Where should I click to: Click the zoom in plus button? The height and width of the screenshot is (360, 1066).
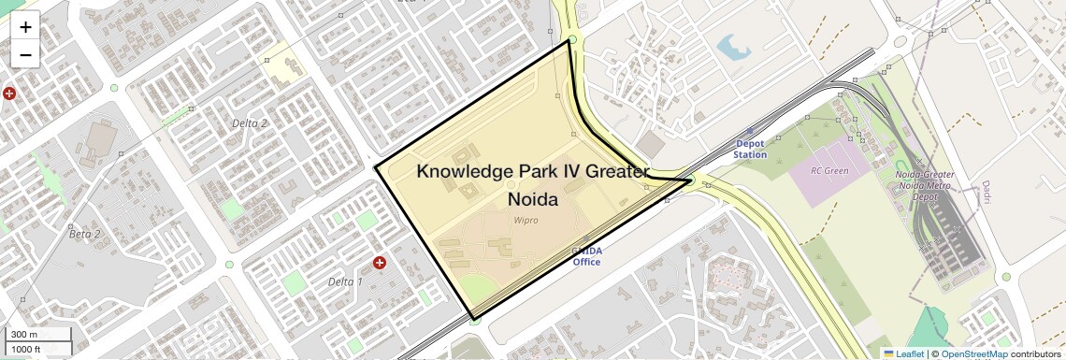pyautogui.click(x=25, y=27)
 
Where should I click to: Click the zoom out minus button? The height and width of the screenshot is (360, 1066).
pyautogui.click(x=25, y=55)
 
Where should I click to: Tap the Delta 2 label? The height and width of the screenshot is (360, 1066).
pyautogui.click(x=250, y=123)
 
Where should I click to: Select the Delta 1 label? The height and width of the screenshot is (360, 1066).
pyautogui.click(x=345, y=281)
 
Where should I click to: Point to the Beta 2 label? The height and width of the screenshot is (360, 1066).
pyautogui.click(x=85, y=234)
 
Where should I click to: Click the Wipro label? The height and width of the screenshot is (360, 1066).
pyautogui.click(x=526, y=221)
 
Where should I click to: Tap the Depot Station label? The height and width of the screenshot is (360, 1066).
pyautogui.click(x=749, y=150)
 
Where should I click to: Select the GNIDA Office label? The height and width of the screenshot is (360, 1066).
pyautogui.click(x=586, y=256)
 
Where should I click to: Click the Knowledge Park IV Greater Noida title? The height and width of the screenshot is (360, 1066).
pyautogui.click(x=532, y=185)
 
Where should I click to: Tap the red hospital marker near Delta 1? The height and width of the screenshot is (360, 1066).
pyautogui.click(x=380, y=264)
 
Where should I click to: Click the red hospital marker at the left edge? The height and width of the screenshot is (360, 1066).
pyautogui.click(x=8, y=94)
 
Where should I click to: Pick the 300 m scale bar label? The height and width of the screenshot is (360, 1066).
pyautogui.click(x=23, y=335)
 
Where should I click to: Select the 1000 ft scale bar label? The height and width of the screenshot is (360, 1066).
pyautogui.click(x=26, y=349)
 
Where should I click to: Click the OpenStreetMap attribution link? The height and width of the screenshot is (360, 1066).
pyautogui.click(x=973, y=354)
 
